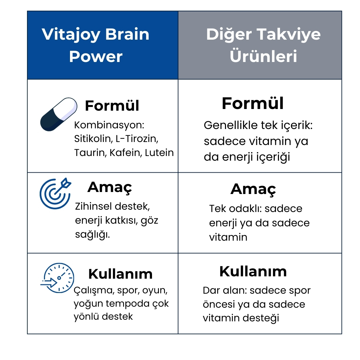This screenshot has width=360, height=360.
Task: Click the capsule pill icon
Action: pyautogui.click(x=59, y=114)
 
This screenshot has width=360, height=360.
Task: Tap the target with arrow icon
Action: pyautogui.click(x=55, y=193)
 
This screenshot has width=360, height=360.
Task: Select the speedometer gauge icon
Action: pyautogui.click(x=57, y=278)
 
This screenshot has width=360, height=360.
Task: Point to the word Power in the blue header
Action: pyautogui.click(x=96, y=57)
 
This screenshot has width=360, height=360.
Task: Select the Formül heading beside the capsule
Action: pyautogui.click(x=112, y=106)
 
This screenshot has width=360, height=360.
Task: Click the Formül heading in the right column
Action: pyautogui.click(x=253, y=103)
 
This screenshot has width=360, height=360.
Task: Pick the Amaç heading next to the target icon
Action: pyautogui.click(x=110, y=188)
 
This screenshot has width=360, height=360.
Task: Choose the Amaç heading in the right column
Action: pyautogui.click(x=253, y=190)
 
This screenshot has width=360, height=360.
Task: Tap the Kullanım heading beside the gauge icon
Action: pyautogui.click(x=121, y=274)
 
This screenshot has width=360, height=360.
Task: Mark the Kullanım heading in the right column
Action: pyautogui.click(x=253, y=272)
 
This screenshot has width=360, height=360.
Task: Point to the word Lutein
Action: pyautogui.click(x=159, y=153)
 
